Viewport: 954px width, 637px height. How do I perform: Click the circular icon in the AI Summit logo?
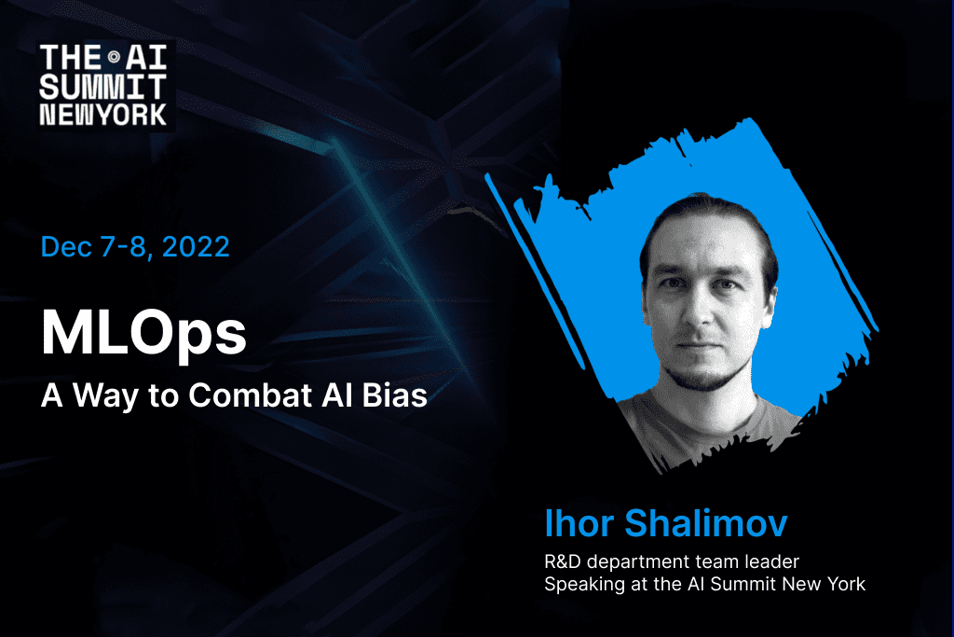tap(114, 57)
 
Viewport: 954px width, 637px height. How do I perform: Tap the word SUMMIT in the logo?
tap(102, 87)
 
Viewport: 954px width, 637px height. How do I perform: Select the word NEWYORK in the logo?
tap(102, 115)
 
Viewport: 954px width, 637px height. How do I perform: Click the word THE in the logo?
tap(70, 58)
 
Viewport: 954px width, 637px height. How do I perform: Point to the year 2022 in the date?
tap(196, 246)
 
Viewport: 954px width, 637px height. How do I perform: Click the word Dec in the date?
tap(66, 246)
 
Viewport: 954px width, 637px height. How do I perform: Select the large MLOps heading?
tap(143, 333)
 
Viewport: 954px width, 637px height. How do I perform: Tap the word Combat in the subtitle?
tap(250, 395)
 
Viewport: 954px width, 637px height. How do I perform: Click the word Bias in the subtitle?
tap(394, 395)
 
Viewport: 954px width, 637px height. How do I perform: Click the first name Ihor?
tap(579, 523)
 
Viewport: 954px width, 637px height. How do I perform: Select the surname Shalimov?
tap(706, 523)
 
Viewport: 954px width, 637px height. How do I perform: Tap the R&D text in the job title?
tap(563, 561)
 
